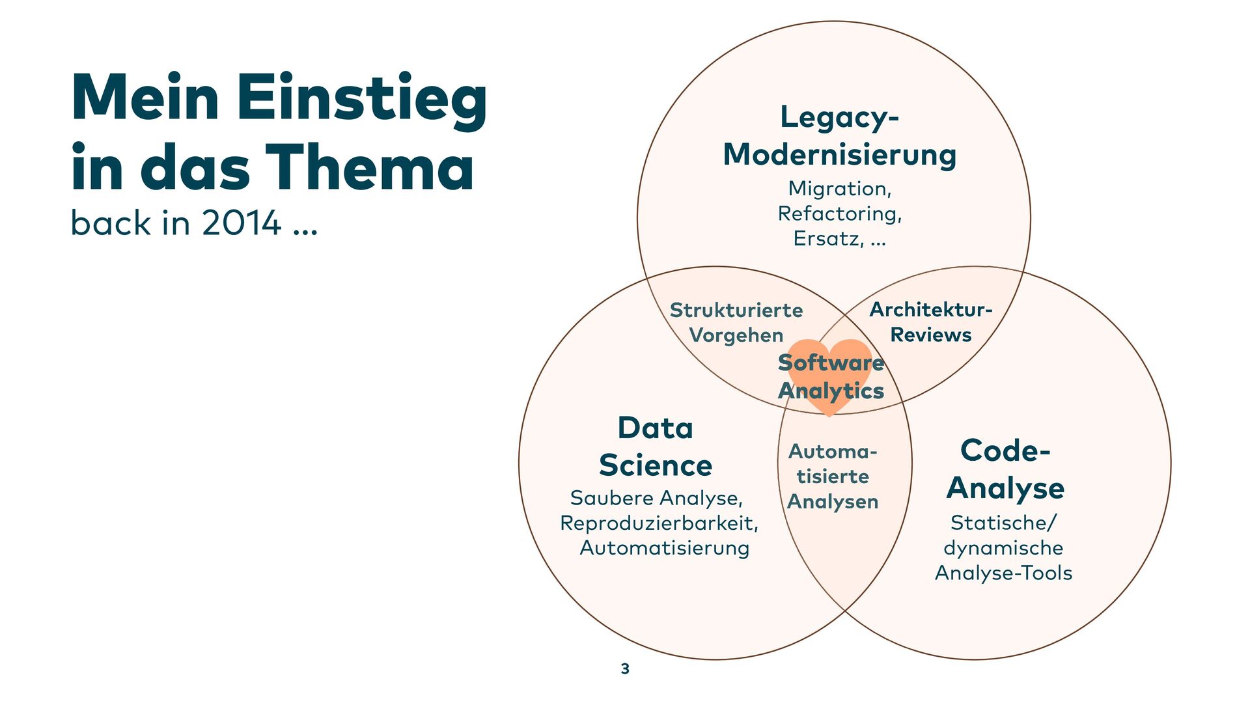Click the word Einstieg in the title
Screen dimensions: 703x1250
point(361,99)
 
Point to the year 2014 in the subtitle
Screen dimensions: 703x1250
point(241,223)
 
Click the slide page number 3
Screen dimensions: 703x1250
point(625,669)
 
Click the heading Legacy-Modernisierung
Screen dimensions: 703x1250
point(839,136)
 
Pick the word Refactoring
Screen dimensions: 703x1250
point(839,214)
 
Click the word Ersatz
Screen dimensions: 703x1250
point(827,239)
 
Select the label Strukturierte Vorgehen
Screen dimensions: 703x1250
point(736,322)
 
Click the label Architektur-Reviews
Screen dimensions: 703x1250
point(930,322)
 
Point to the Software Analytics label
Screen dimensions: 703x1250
point(831,376)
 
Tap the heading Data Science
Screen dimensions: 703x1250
point(655,447)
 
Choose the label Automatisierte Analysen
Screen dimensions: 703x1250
point(833,476)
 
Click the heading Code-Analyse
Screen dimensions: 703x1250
point(1005,469)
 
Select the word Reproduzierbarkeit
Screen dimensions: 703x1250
point(658,523)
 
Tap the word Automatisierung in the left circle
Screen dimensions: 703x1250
point(664,548)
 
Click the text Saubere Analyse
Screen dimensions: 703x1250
point(656,498)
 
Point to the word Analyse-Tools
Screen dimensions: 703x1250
point(1003,573)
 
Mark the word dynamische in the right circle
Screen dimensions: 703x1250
point(1003,548)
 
